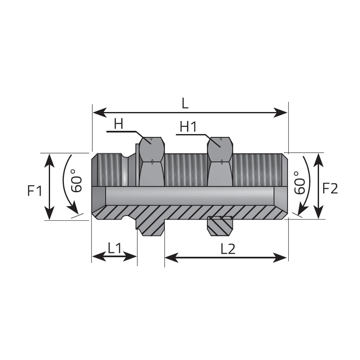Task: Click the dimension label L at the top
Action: (185, 103)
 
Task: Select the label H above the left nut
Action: (119, 124)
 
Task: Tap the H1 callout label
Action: (188, 127)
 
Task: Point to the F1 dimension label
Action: (35, 191)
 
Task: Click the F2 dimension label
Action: (330, 188)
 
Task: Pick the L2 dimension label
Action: (228, 249)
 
